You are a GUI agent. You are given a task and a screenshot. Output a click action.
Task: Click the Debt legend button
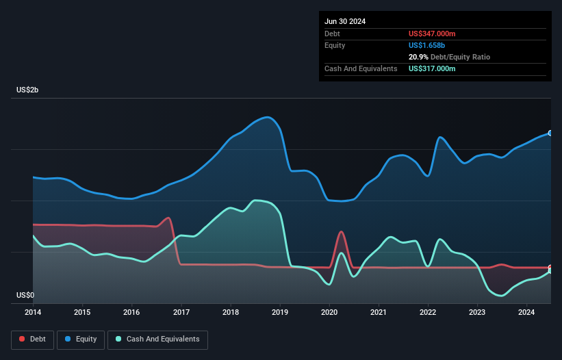(x=31, y=339)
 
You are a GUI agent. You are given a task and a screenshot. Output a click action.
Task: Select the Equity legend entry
(x=80, y=339)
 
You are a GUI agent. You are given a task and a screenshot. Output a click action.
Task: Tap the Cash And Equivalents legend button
(x=157, y=339)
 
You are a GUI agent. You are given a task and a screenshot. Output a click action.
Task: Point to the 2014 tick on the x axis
(x=33, y=313)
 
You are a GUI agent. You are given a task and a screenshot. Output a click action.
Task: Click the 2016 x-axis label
(x=131, y=313)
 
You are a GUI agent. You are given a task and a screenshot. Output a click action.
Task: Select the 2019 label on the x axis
(x=280, y=313)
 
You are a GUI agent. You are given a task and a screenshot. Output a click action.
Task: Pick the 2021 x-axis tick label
(x=379, y=313)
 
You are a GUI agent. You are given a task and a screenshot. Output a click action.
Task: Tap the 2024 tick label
(x=526, y=313)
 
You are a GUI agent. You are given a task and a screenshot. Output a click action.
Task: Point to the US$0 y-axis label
(x=25, y=296)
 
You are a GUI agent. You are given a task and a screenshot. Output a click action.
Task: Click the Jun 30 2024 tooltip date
(x=345, y=21)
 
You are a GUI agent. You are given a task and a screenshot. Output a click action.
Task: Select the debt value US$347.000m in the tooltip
(x=432, y=34)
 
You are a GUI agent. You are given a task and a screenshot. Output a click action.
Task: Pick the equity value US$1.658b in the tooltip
(x=427, y=45)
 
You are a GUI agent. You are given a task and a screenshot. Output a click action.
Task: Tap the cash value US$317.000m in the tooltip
(x=432, y=68)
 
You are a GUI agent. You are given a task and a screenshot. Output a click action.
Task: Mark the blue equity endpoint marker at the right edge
(x=550, y=133)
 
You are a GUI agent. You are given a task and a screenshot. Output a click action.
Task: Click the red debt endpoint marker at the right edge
(x=550, y=268)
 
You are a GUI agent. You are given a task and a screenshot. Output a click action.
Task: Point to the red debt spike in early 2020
(x=341, y=232)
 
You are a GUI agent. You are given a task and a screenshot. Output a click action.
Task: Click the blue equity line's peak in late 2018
(x=268, y=117)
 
